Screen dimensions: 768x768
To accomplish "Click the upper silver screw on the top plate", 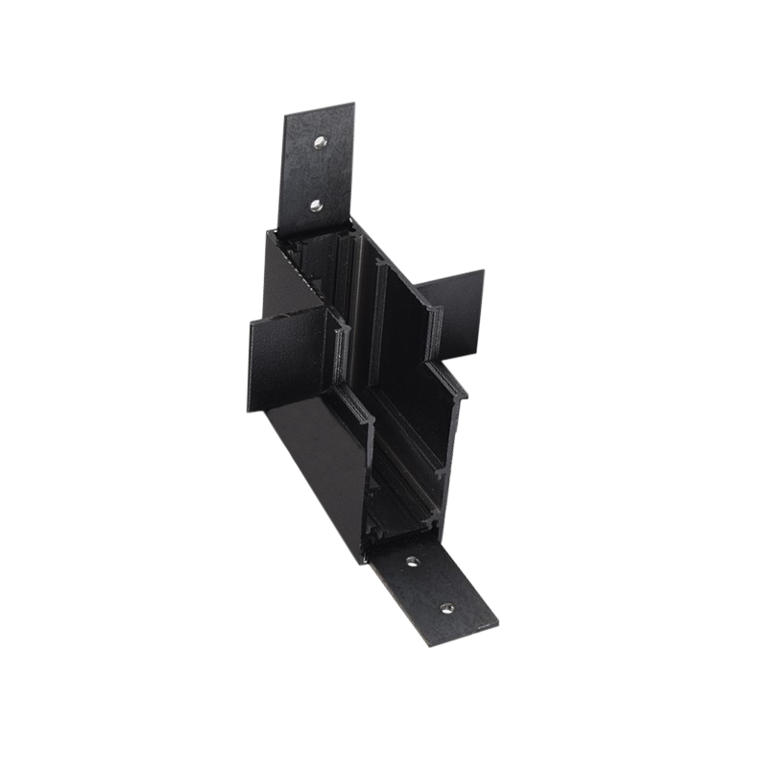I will click(x=318, y=142).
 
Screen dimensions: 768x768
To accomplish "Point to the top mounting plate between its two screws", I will click(x=318, y=172).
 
